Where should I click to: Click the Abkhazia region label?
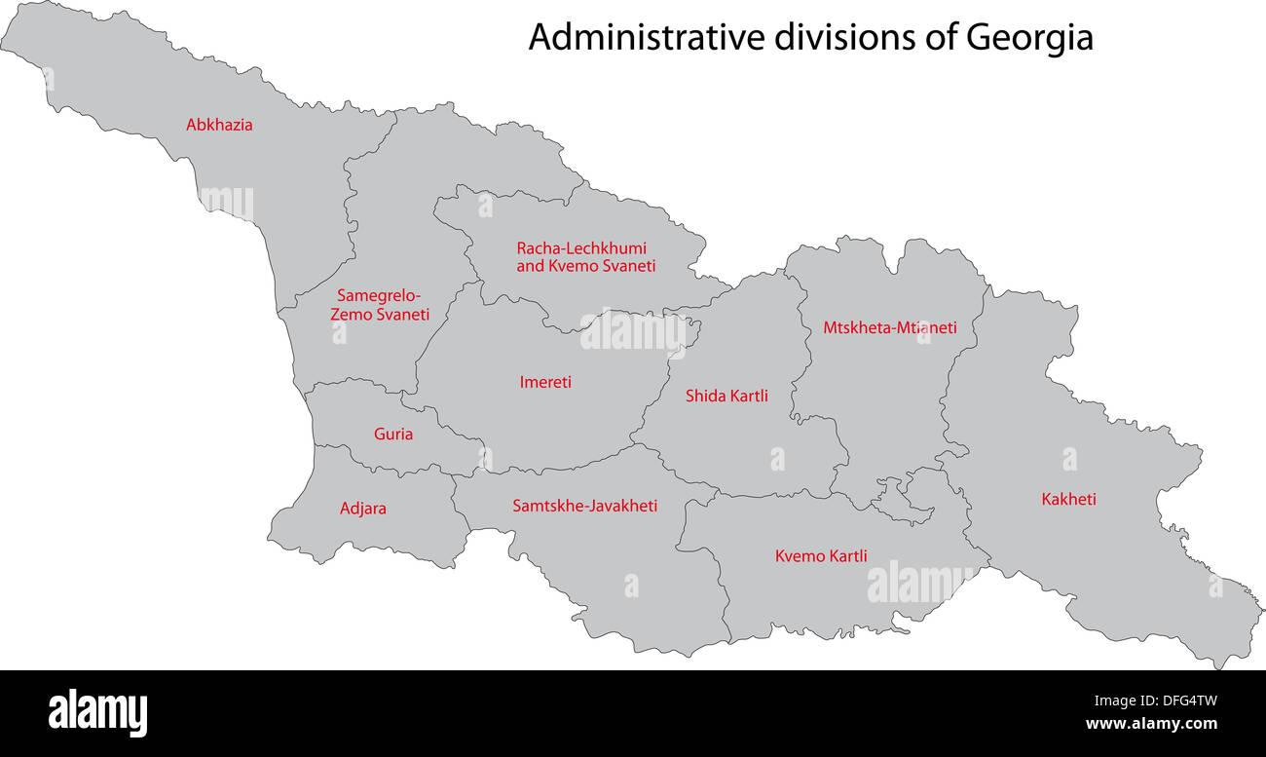click(x=219, y=125)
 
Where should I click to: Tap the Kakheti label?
click(x=1068, y=499)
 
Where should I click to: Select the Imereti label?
click(x=545, y=382)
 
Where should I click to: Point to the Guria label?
click(x=393, y=434)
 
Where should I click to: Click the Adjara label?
click(x=363, y=508)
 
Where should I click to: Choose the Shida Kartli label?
click(x=726, y=396)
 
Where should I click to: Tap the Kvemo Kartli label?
click(x=821, y=556)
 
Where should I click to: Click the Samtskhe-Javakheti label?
click(x=585, y=506)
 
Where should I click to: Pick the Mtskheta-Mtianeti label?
click(x=889, y=327)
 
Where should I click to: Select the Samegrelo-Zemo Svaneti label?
click(x=380, y=305)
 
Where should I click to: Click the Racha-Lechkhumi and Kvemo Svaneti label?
click(x=585, y=257)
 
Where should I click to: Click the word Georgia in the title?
click(x=1029, y=38)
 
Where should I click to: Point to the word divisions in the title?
click(x=844, y=38)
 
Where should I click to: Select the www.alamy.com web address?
click(x=1151, y=724)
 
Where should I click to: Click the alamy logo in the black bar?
click(x=98, y=713)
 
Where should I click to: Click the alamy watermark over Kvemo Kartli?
click(x=918, y=583)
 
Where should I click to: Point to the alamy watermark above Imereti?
click(x=633, y=331)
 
